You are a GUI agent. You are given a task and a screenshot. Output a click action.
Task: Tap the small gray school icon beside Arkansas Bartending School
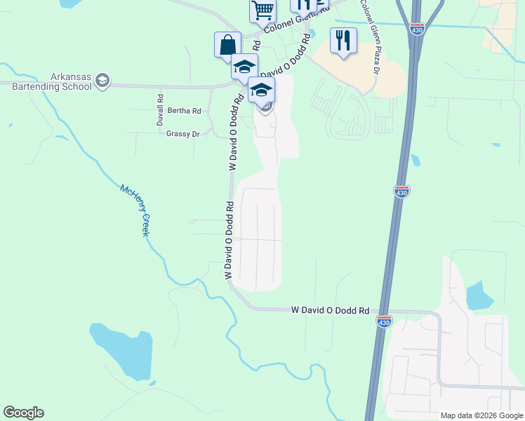[102, 81]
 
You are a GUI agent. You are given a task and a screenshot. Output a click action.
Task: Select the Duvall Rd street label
[160, 110]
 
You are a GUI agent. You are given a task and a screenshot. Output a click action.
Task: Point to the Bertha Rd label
[184, 111]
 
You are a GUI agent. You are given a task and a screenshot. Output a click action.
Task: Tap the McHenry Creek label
[135, 210]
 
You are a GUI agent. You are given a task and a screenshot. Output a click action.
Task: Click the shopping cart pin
[262, 11]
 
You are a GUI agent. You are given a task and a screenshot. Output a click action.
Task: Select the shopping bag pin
[227, 44]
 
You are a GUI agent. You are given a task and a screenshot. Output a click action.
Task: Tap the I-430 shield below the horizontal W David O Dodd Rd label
[383, 321]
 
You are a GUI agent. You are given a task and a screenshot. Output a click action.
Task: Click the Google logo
[23, 413]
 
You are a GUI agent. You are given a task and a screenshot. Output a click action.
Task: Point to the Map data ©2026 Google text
[481, 415]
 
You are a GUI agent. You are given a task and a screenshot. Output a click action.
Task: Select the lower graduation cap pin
[261, 91]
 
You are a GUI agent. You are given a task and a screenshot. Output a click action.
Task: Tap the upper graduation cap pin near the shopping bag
[244, 67]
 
